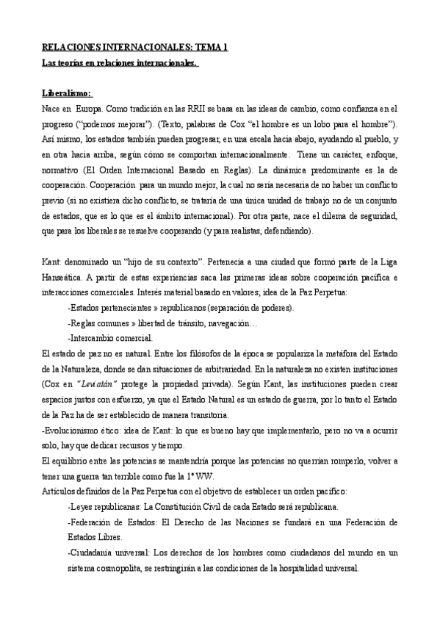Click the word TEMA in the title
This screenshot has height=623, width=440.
[209, 46]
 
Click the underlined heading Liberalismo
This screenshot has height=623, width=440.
[67, 93]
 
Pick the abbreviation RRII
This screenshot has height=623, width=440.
[198, 109]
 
